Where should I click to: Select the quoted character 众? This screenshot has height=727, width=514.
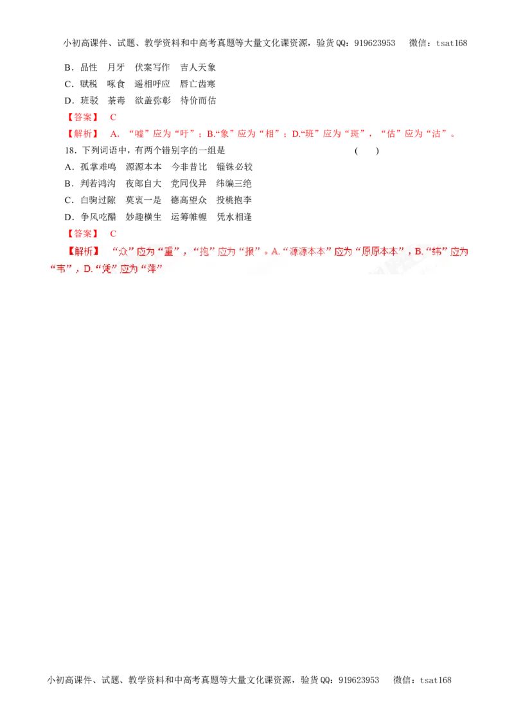[125, 252]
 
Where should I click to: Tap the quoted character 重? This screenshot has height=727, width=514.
[169, 252]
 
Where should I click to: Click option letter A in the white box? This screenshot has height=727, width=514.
[275, 252]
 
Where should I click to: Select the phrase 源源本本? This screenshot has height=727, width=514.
[307, 252]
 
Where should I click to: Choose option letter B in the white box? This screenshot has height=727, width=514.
[418, 252]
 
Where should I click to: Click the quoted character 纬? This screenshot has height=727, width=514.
[437, 252]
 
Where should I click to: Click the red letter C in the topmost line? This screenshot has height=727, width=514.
[112, 118]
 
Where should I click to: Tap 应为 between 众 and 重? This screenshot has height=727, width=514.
[146, 252]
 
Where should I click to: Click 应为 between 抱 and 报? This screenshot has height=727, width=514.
[227, 252]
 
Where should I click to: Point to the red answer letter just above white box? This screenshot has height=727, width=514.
[112, 233]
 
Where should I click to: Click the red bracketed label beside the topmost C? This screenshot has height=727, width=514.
[82, 118]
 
